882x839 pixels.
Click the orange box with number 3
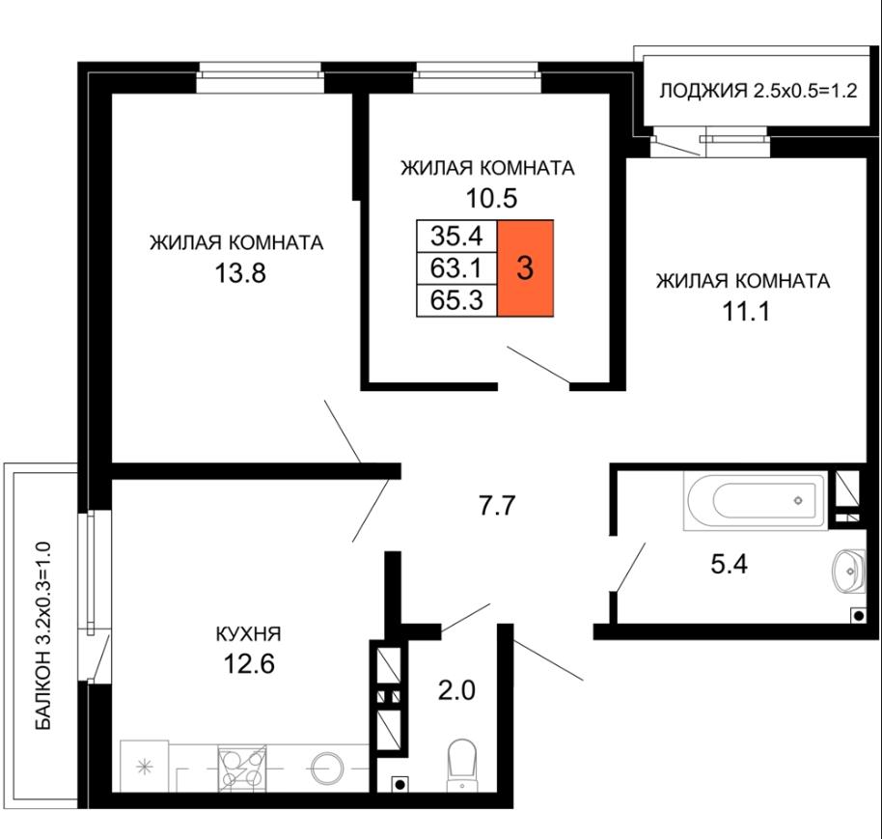(525, 267)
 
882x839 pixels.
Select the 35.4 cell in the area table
(456, 236)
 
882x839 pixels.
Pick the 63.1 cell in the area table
(456, 267)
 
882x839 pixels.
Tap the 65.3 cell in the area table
(456, 300)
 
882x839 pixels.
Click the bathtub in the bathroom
(756, 500)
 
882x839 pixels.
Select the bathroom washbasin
(849, 571)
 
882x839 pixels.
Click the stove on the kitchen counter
(242, 769)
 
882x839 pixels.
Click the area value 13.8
(240, 273)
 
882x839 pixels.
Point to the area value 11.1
(745, 311)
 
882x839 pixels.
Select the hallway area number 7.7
(497, 505)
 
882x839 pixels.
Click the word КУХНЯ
(249, 634)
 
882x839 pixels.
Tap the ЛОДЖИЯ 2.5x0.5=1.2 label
(758, 90)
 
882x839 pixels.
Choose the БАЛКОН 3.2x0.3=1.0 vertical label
(42, 636)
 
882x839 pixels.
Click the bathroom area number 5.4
(729, 563)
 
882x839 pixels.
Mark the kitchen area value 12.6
(249, 664)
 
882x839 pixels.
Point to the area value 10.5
(491, 198)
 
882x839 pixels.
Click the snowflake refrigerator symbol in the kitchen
(145, 767)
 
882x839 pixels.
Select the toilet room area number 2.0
(456, 690)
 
